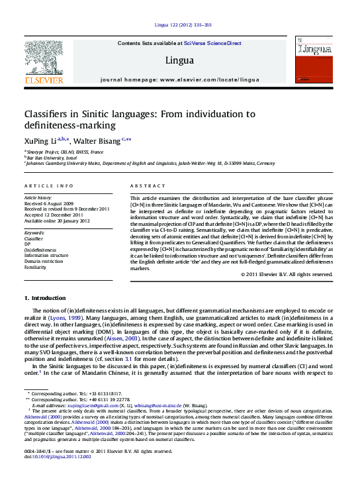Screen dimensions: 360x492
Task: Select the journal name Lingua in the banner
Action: coord(180,60)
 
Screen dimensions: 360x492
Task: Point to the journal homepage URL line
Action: coord(180,79)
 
